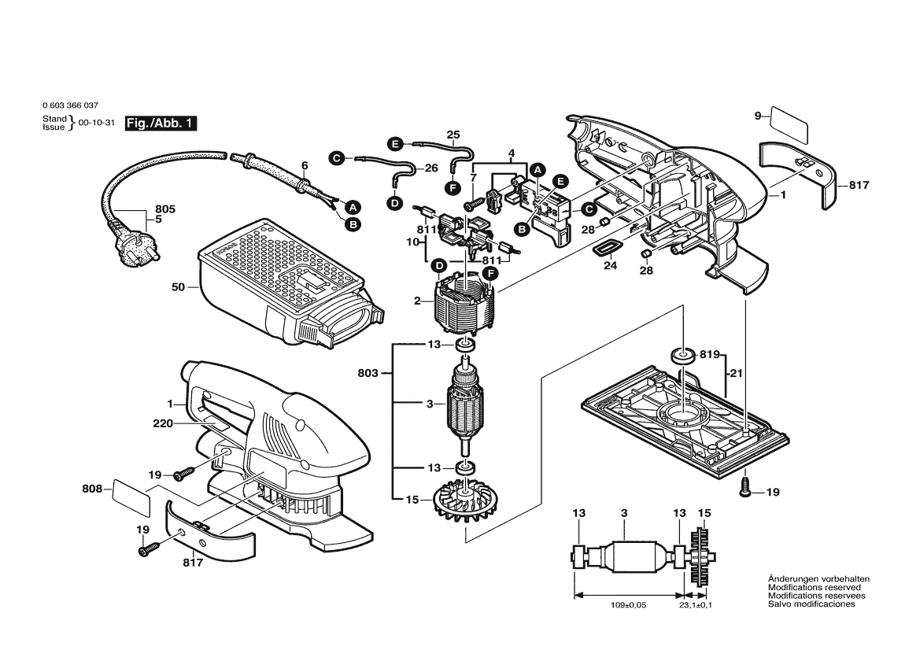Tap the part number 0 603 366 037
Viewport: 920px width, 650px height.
tap(71, 105)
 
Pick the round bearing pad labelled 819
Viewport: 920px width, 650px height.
tap(682, 355)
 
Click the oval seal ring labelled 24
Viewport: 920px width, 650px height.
tap(604, 249)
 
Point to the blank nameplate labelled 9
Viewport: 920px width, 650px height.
tap(790, 124)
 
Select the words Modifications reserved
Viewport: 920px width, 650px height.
tap(814, 587)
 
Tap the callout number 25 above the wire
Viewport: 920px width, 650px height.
tap(453, 135)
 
